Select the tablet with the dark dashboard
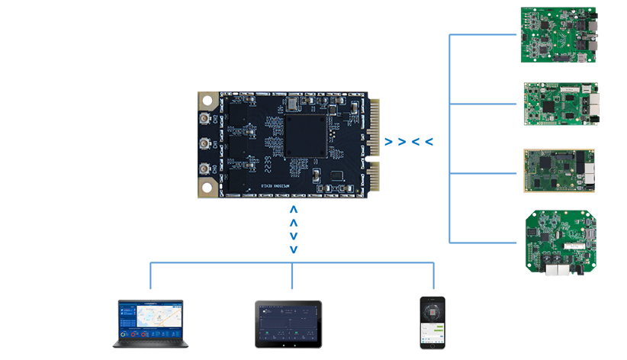point(288,324)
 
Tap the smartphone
point(432,323)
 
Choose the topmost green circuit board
point(560,40)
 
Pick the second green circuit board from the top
point(560,104)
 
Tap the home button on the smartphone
point(432,345)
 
